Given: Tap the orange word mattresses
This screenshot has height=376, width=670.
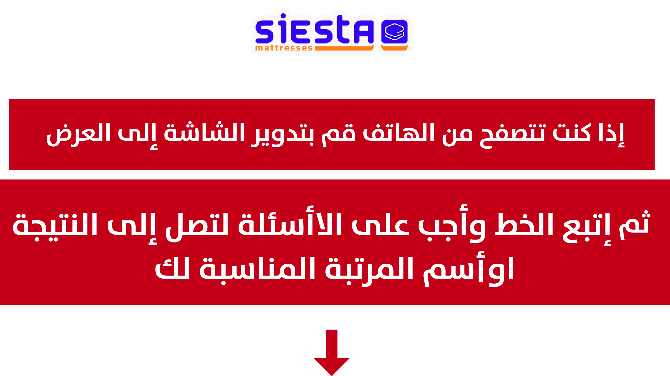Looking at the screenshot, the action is point(284,48).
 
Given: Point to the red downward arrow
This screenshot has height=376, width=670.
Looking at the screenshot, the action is point(332,352).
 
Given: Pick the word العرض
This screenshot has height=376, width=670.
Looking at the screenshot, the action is point(78,134).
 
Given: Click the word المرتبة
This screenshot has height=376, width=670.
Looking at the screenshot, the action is point(369,270).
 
